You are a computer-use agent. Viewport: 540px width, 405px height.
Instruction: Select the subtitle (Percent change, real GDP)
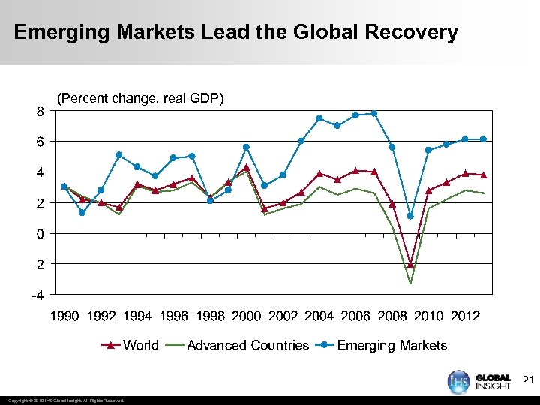pyautogui.click(x=140, y=97)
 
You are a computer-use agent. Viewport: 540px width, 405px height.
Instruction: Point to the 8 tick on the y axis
pyautogui.click(x=39, y=111)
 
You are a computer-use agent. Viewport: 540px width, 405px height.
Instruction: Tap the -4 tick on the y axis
pyautogui.click(x=37, y=295)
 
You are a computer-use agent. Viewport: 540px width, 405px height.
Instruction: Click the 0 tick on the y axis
pyautogui.click(x=39, y=234)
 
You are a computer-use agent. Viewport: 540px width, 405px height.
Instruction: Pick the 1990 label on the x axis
pyautogui.click(x=64, y=316)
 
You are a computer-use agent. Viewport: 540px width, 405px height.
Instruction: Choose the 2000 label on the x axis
pyautogui.click(x=247, y=316)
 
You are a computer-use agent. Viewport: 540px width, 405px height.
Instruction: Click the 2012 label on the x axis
pyautogui.click(x=465, y=316)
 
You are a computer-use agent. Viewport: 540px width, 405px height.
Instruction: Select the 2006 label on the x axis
pyautogui.click(x=355, y=316)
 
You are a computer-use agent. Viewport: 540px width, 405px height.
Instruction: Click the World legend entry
pyautogui.click(x=140, y=345)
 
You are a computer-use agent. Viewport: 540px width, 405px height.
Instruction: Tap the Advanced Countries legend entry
pyautogui.click(x=247, y=345)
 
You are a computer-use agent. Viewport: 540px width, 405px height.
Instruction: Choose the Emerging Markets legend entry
pyautogui.click(x=391, y=345)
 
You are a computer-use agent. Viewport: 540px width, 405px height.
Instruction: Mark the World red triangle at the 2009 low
pyautogui.click(x=410, y=264)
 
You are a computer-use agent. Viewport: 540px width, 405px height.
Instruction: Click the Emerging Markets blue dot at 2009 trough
pyautogui.click(x=410, y=216)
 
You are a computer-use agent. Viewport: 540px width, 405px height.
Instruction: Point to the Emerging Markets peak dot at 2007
pyautogui.click(x=373, y=113)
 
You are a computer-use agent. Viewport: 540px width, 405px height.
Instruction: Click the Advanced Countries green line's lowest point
pyautogui.click(x=410, y=283)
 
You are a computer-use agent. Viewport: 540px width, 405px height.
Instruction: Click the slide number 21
pyautogui.click(x=526, y=380)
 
